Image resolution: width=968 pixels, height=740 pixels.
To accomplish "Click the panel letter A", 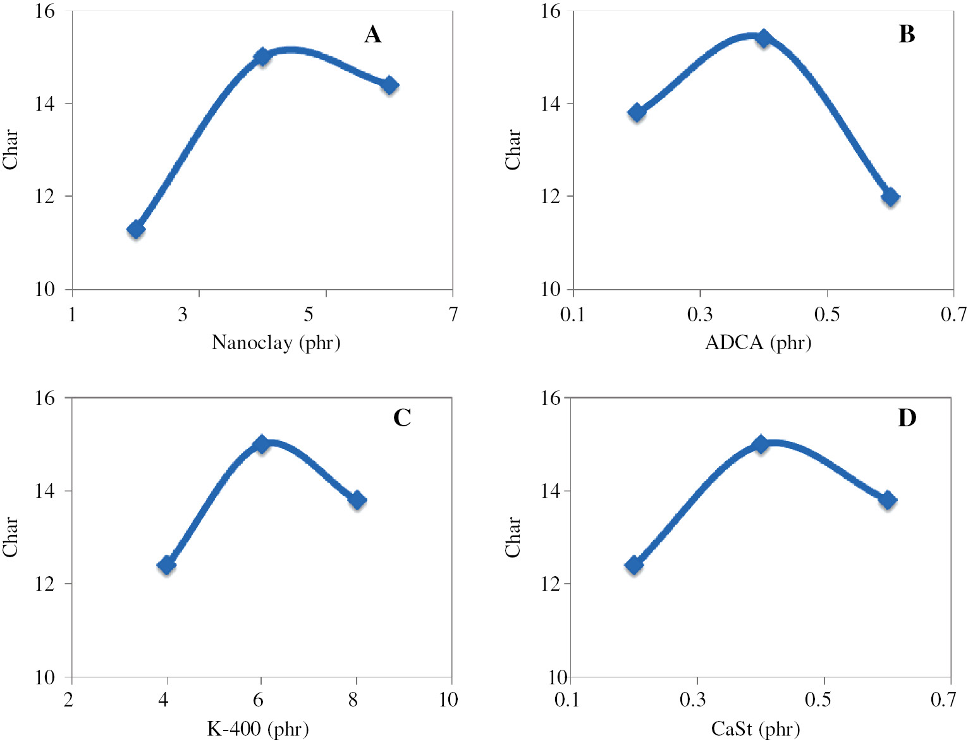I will point(372,34).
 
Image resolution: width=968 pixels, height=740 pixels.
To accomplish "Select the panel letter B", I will point(906,34).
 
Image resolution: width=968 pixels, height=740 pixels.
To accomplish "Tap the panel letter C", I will point(402,418).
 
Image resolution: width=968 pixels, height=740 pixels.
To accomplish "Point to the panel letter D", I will point(907,418).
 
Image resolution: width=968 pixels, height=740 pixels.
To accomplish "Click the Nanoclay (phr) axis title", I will point(276,343).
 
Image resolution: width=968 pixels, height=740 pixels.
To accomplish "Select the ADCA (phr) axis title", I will point(758,343).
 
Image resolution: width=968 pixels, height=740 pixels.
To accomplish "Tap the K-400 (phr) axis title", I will point(258,729).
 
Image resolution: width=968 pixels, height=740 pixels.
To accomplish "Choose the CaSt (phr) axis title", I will point(756,729).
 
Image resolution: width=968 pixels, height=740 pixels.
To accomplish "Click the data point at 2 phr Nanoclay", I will point(136,230).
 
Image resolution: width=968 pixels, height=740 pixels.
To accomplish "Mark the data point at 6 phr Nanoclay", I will point(389,85).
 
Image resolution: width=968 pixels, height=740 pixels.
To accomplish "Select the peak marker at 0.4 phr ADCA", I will point(764,39).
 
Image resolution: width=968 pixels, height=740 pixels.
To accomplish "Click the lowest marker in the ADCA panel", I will point(890,197).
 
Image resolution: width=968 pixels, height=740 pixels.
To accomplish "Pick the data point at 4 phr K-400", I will point(166,565).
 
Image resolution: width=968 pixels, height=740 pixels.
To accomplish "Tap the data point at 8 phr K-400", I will point(357,500).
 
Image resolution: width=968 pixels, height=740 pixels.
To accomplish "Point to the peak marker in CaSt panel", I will point(761,444).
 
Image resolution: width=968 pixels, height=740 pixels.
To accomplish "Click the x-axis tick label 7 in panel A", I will point(453,314).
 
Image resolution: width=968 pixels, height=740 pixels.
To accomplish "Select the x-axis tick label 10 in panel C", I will point(448,700).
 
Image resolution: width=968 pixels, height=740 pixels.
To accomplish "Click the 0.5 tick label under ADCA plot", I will point(826,314).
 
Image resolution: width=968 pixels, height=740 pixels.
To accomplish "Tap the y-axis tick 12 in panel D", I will point(551,584).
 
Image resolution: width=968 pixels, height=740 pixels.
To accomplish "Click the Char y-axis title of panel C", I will point(10,537).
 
